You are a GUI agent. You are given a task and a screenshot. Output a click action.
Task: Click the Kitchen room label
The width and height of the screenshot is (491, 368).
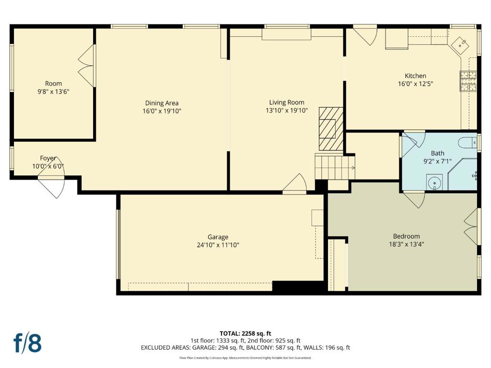(415, 76)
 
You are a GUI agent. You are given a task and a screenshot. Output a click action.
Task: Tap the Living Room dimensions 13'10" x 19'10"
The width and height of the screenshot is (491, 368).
(287, 110)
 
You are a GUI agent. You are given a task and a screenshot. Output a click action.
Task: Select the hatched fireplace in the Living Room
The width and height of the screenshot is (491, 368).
(331, 128)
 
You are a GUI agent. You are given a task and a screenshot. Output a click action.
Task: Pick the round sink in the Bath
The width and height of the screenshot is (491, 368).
(434, 182)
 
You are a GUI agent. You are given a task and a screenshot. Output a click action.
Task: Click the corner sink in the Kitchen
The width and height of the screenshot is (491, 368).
(460, 45)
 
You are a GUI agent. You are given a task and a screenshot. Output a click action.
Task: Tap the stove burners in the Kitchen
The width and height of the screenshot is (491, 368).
(468, 81)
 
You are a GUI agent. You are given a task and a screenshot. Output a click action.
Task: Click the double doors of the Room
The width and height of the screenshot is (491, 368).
(86, 66)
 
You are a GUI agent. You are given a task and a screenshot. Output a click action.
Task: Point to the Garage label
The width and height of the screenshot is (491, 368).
(218, 237)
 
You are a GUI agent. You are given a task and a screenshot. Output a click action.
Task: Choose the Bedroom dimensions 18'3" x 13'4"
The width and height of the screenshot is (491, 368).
(407, 244)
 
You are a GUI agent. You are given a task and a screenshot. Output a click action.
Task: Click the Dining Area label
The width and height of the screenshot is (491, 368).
(162, 103)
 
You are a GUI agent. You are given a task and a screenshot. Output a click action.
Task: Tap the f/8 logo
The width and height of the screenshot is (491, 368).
(27, 343)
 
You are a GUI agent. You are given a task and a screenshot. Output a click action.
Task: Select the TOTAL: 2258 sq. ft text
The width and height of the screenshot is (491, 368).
(245, 333)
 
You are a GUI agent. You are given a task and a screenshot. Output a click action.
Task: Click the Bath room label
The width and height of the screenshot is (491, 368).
(437, 153)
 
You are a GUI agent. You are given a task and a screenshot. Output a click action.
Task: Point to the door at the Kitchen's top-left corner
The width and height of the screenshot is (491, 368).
(365, 36)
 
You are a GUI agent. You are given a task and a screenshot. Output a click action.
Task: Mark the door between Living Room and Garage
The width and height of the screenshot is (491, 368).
(294, 184)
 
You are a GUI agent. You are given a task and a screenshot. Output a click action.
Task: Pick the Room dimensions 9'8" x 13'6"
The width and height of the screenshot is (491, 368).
(53, 92)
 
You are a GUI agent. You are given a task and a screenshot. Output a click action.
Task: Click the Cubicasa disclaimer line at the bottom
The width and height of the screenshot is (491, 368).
(245, 357)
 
